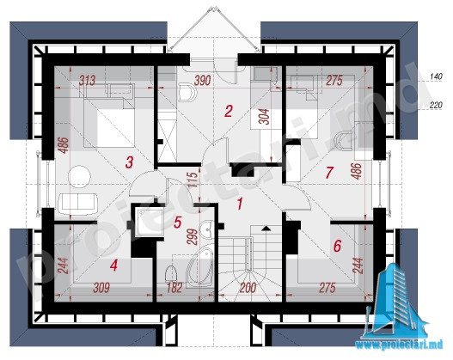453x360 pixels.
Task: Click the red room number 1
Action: pyautogui.click(x=240, y=204)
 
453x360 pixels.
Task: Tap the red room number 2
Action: pyautogui.click(x=229, y=111)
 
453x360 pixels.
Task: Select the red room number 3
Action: pyautogui.click(x=129, y=162)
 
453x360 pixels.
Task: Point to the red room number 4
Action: pyautogui.click(x=113, y=265)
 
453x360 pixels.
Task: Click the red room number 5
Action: pyautogui.click(x=177, y=223)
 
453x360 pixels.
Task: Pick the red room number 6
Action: pyautogui.click(x=337, y=246)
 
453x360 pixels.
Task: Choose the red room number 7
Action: pyautogui.click(x=329, y=173)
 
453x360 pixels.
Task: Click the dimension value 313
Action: pyautogui.click(x=87, y=80)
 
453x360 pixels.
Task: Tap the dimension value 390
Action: pyautogui.click(x=202, y=81)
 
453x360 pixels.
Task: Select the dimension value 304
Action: pyautogui.click(x=264, y=117)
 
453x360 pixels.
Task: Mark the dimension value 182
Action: pyautogui.click(x=174, y=288)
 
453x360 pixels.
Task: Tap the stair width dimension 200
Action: pyautogui.click(x=248, y=288)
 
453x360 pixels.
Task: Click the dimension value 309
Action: pyautogui.click(x=101, y=288)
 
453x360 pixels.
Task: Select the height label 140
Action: pyautogui.click(x=436, y=76)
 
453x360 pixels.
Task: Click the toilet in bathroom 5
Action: pyautogui.click(x=171, y=273)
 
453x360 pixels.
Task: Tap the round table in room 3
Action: pyautogui.click(x=79, y=176)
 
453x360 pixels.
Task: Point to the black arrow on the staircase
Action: pyautogui.click(x=266, y=229)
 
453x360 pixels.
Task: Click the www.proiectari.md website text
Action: pyautogui.click(x=399, y=345)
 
